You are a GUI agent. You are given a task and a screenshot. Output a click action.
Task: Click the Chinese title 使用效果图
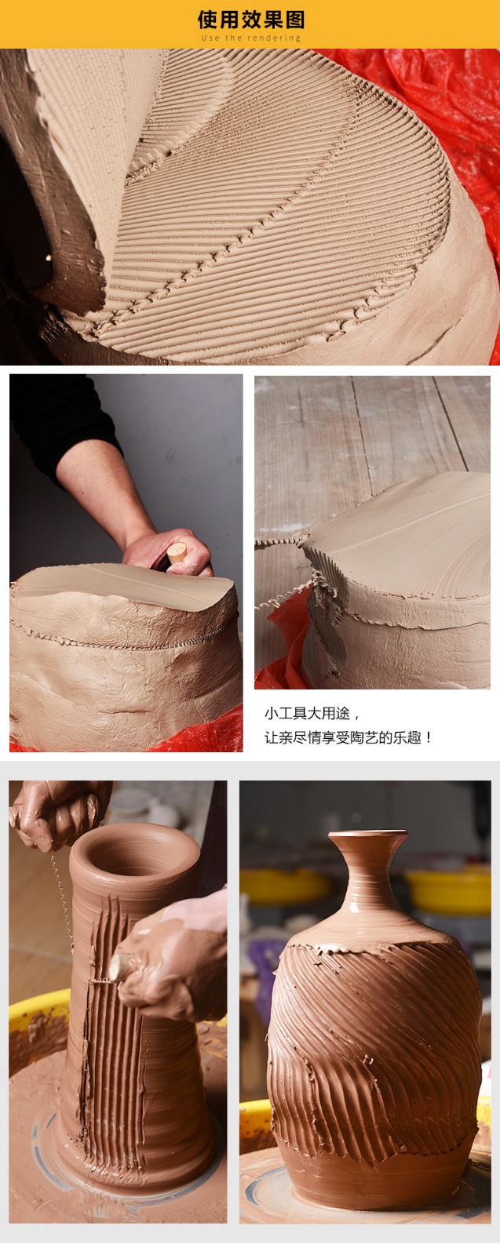point(250,20)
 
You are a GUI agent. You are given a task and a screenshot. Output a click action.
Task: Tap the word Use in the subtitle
point(210,38)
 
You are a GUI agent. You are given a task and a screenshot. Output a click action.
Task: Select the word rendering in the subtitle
point(274,38)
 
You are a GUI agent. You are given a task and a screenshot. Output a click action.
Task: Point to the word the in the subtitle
point(233,38)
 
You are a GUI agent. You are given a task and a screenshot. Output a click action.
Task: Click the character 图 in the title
point(294,20)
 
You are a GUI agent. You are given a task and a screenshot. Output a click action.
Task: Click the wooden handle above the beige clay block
point(177,554)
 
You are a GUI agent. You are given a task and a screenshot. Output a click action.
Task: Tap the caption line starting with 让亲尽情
point(348,737)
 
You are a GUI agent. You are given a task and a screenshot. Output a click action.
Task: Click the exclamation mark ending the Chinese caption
point(429,737)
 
